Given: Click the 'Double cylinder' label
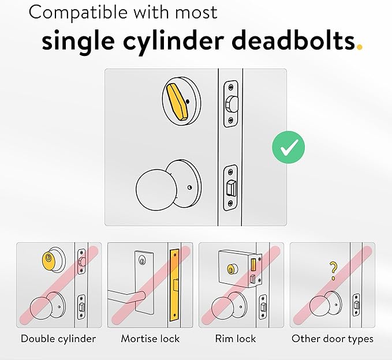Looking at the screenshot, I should coord(58,339).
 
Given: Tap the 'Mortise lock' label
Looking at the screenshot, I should coord(150,339).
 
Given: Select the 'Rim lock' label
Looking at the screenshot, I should coord(236,339).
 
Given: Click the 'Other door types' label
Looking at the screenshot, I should coord(332,339).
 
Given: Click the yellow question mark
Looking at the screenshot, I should coord(333,268).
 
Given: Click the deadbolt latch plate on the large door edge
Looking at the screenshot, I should coord(230,103).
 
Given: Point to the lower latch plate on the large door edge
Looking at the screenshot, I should coord(230,186).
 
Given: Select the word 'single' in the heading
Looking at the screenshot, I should coord(82,41).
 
